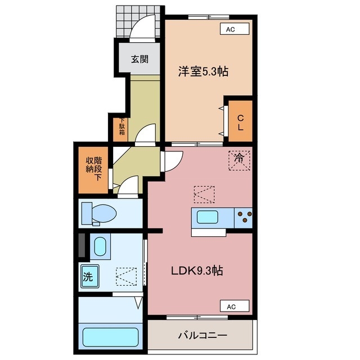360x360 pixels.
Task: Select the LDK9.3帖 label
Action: click(x=197, y=271)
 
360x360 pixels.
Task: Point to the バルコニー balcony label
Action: click(x=202, y=335)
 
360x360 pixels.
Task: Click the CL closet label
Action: click(x=240, y=123)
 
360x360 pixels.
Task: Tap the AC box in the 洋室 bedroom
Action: click(x=230, y=29)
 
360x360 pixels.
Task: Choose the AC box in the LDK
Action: click(x=231, y=307)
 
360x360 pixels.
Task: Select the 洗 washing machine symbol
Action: click(x=88, y=276)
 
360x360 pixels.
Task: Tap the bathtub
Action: click(x=110, y=337)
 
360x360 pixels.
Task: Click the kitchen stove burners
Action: click(x=244, y=216)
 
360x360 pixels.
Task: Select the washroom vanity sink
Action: click(x=100, y=247)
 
